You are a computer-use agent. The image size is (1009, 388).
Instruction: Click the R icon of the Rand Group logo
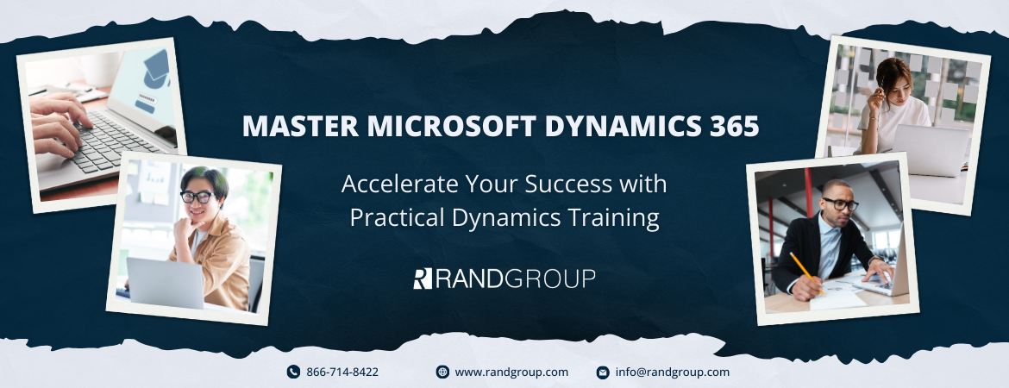422,278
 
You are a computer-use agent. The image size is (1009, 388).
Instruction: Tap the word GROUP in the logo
550,278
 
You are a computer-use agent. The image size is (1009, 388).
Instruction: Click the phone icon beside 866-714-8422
293,372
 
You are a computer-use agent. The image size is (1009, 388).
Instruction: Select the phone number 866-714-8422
342,372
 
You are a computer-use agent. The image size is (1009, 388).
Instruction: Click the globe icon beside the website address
442,372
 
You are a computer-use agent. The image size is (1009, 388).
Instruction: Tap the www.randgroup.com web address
511,372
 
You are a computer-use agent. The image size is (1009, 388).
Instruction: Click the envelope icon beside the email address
603,372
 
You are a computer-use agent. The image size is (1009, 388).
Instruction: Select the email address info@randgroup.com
673,372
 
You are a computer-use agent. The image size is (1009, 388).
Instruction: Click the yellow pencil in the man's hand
806,272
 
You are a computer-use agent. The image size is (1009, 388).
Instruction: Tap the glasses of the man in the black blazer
841,204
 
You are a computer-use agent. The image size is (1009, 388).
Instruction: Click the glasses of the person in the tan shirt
197,197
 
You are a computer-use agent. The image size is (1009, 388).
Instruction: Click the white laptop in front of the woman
931,149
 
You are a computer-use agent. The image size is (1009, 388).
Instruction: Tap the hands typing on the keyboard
58,122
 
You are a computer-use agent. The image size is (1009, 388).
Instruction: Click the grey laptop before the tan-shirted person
166,283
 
